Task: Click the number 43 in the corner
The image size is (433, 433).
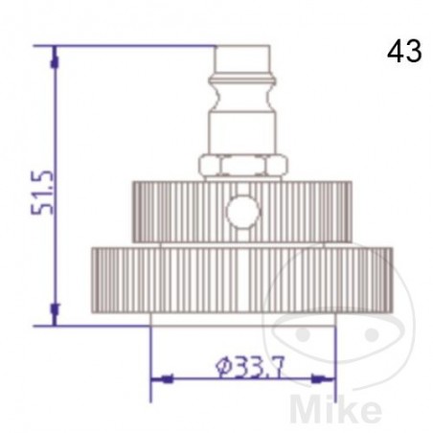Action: [x=404, y=52]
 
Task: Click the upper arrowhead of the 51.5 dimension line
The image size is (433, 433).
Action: [x=55, y=56]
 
